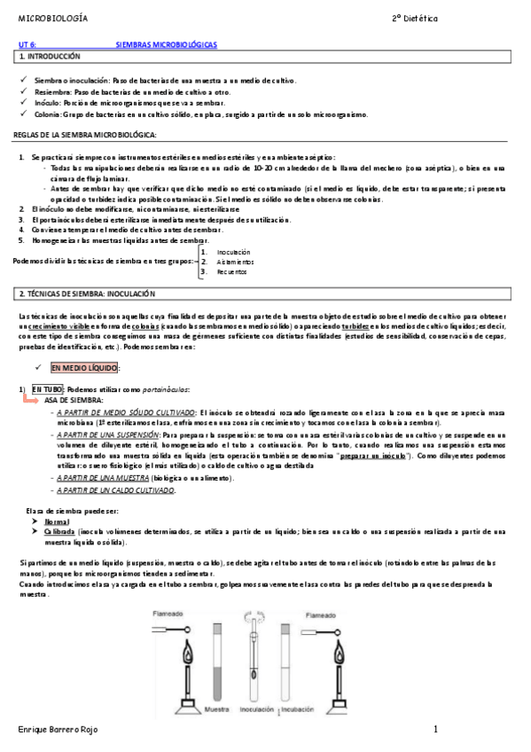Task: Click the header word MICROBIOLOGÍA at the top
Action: pyautogui.click(x=52, y=18)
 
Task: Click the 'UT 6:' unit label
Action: pyautogui.click(x=27, y=43)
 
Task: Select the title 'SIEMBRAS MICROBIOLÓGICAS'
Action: pyautogui.click(x=167, y=43)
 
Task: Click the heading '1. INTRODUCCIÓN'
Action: pyautogui.click(x=50, y=56)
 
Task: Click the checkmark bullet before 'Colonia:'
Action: pyautogui.click(x=25, y=114)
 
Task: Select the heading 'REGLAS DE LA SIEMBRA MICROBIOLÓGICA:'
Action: pyautogui.click(x=85, y=135)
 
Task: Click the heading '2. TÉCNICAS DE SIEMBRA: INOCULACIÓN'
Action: pyautogui.click(x=87, y=294)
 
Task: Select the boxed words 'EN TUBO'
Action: pyautogui.click(x=48, y=389)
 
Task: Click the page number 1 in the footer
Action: pyautogui.click(x=435, y=729)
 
